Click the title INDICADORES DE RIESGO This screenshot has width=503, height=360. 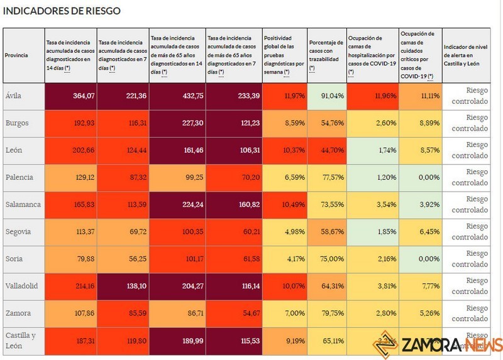pyautogui.click(x=62, y=11)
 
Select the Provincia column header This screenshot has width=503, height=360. pyautogui.click(x=16, y=55)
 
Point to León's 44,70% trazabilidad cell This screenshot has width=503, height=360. pyautogui.click(x=331, y=150)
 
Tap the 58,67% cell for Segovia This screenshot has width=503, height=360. pyautogui.click(x=331, y=231)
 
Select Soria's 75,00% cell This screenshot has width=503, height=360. pyautogui.click(x=331, y=258)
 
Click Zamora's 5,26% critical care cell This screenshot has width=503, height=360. pyautogui.click(x=421, y=313)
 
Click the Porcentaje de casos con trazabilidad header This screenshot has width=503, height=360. pyautogui.click(x=326, y=55)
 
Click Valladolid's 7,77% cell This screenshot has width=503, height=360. pyautogui.click(x=421, y=285)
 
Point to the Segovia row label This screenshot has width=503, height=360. pyautogui.click(x=18, y=231)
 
